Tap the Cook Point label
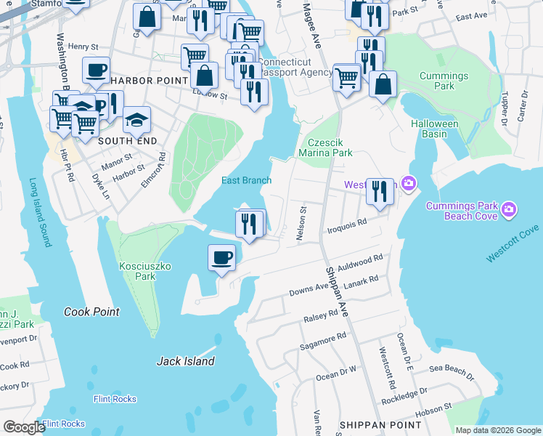pos(91,312)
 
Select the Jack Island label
pos(186,361)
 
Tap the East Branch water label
pos(247,181)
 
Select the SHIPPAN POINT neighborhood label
pos(380,424)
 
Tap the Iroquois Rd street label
pos(351,225)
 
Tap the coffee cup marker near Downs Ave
pos(222,257)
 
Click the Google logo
pos(24,427)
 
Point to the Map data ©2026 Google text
pos(497,430)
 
